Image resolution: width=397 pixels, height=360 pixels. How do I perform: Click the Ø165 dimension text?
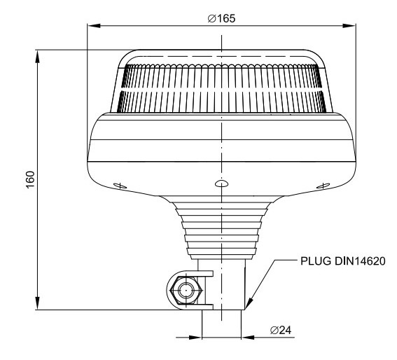pos(221,18)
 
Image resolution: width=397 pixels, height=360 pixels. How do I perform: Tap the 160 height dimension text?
pos(30,179)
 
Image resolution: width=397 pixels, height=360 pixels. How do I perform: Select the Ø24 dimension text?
pos(281,330)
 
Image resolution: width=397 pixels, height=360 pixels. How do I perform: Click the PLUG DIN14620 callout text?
pos(343,261)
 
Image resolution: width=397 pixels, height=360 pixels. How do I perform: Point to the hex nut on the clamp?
pos(186,291)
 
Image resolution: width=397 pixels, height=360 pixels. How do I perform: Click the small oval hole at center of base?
pos(221,184)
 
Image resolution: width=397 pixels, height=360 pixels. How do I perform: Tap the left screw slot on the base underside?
pos(120,186)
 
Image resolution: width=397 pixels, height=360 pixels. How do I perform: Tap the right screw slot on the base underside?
pos(323,186)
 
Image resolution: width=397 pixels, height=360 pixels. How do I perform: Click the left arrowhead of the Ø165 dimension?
pos(94,26)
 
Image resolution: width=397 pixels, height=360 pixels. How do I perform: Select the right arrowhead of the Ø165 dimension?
pos(349,26)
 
